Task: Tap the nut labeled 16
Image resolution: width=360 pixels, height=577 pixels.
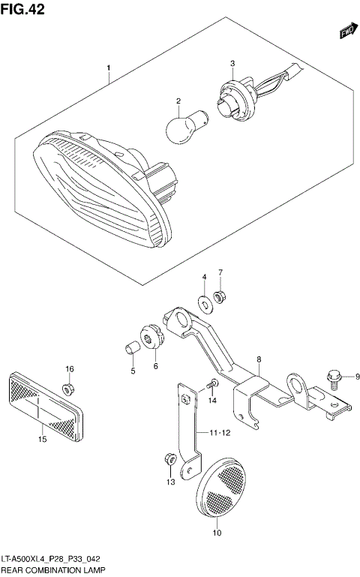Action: (68, 388)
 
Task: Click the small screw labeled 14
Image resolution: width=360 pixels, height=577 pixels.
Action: (212, 384)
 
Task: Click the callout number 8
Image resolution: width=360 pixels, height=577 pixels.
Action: (258, 360)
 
